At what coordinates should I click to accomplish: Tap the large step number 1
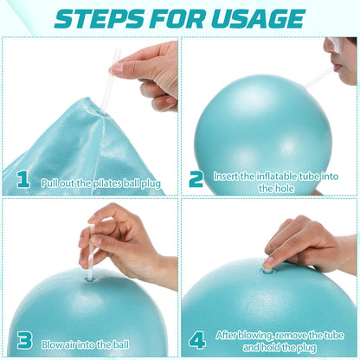[23, 181]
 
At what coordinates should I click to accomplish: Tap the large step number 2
[196, 179]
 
